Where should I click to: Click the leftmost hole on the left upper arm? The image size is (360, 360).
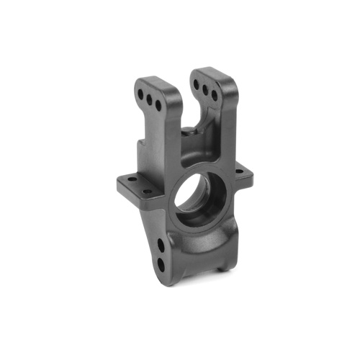coord(140,92)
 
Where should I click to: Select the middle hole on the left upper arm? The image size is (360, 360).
coord(149,98)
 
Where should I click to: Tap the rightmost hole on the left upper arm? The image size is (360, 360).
coord(158,105)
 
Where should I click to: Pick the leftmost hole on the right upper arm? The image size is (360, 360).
coord(196,84)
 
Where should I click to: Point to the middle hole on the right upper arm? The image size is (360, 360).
coord(204,90)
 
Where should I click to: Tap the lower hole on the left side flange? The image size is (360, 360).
coord(147,192)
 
